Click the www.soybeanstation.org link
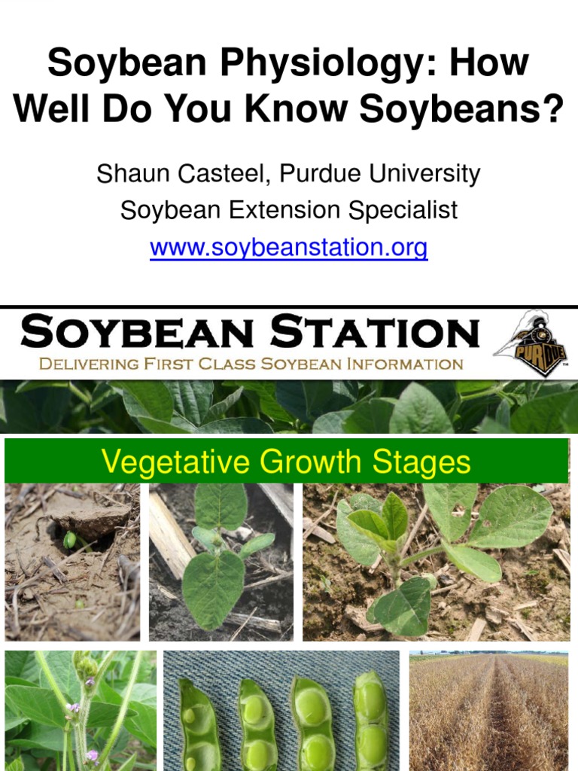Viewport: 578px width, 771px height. pyautogui.click(x=289, y=247)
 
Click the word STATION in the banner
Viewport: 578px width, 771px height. pyautogui.click(x=374, y=332)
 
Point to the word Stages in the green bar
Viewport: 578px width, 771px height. pyautogui.click(x=427, y=461)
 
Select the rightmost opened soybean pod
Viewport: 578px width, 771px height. pyautogui.click(x=371, y=719)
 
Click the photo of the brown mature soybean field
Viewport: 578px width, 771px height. pyautogui.click(x=488, y=711)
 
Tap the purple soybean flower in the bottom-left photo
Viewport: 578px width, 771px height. pyautogui.click(x=75, y=708)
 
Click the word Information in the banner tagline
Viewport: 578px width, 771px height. pyautogui.click(x=405, y=364)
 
